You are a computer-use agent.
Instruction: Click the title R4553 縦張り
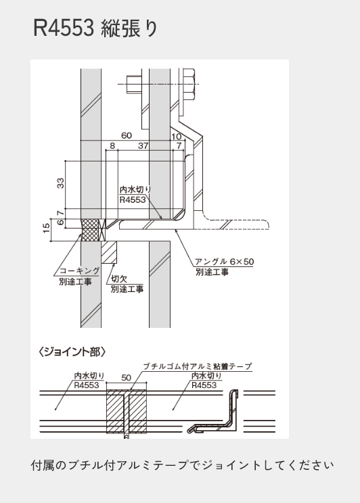click(x=95, y=28)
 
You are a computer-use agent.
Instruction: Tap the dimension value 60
click(x=127, y=135)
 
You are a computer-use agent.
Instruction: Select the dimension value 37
click(x=143, y=145)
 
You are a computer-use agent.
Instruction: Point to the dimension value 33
click(x=60, y=183)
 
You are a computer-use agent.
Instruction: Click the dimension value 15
click(x=47, y=228)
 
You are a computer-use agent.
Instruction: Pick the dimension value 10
click(x=176, y=137)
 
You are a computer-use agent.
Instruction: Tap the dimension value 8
click(x=112, y=145)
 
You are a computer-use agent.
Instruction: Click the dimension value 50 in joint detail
click(x=127, y=377)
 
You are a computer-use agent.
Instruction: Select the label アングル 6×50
click(x=224, y=262)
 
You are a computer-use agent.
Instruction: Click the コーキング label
click(x=80, y=270)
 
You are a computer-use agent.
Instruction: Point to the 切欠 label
click(x=119, y=279)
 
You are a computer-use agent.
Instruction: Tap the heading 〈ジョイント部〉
click(x=72, y=352)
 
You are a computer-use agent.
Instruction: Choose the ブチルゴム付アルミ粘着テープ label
click(x=197, y=366)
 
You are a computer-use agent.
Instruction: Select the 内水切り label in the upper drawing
click(x=135, y=189)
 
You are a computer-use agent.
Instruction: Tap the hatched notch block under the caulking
click(x=109, y=252)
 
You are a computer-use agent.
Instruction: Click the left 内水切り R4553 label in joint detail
click(x=89, y=381)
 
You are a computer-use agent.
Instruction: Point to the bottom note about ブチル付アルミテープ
click(x=183, y=465)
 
